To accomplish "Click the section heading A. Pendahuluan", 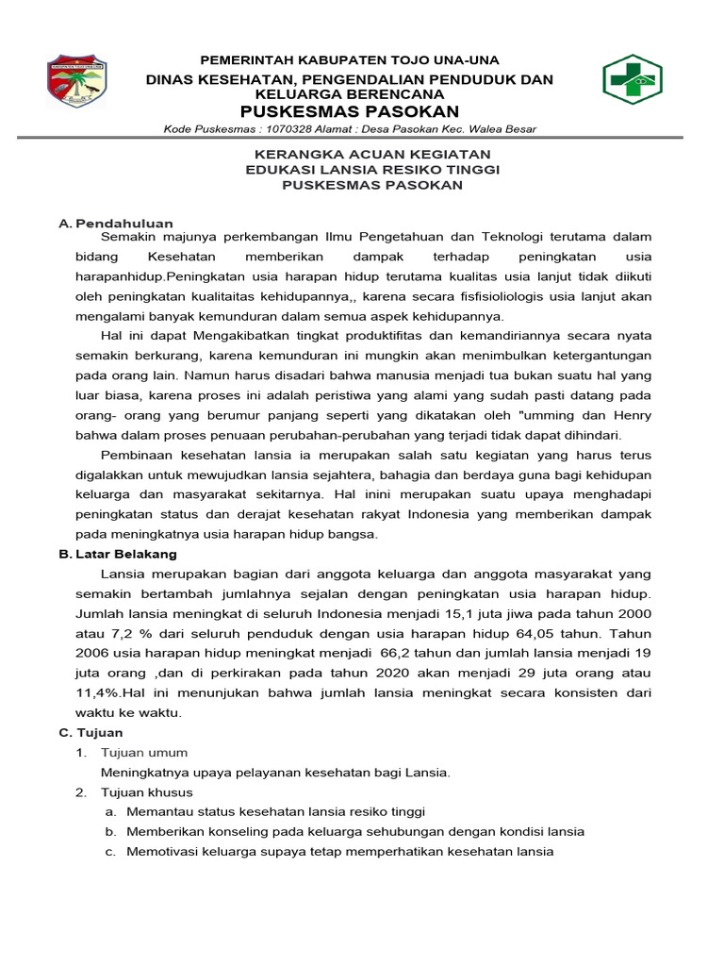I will coord(115,224).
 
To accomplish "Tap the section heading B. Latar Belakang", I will coord(118,554).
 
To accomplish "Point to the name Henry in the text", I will coord(629,415).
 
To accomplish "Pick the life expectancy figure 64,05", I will coord(554,633).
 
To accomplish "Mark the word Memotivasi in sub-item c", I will coord(166,852).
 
